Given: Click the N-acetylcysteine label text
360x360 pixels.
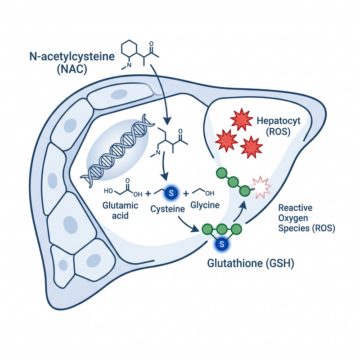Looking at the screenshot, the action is click(72, 57).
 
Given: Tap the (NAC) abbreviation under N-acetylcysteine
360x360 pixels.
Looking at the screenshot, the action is click(72, 69).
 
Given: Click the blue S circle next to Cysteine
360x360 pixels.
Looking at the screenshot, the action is click(171, 193).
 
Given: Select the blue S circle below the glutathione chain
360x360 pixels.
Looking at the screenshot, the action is click(221, 244).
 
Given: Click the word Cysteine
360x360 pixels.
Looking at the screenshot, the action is click(167, 209).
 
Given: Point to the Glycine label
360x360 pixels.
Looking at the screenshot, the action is click(205, 205).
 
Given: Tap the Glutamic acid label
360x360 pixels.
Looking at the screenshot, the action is click(120, 211).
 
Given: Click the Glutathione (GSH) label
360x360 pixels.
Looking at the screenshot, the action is click(251, 263).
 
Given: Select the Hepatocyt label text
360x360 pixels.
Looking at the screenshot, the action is click(278, 121).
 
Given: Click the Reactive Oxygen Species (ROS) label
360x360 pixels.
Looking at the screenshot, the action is click(306, 218).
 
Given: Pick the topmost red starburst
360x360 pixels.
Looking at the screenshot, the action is click(242, 119).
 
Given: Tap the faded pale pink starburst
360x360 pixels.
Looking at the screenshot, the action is click(261, 187).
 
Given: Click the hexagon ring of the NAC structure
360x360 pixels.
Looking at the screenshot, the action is click(129, 49).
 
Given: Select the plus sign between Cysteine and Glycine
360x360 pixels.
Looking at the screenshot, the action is click(186, 194).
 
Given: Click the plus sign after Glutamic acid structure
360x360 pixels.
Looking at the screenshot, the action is click(148, 193).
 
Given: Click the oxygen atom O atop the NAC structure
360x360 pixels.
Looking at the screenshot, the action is click(151, 44).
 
